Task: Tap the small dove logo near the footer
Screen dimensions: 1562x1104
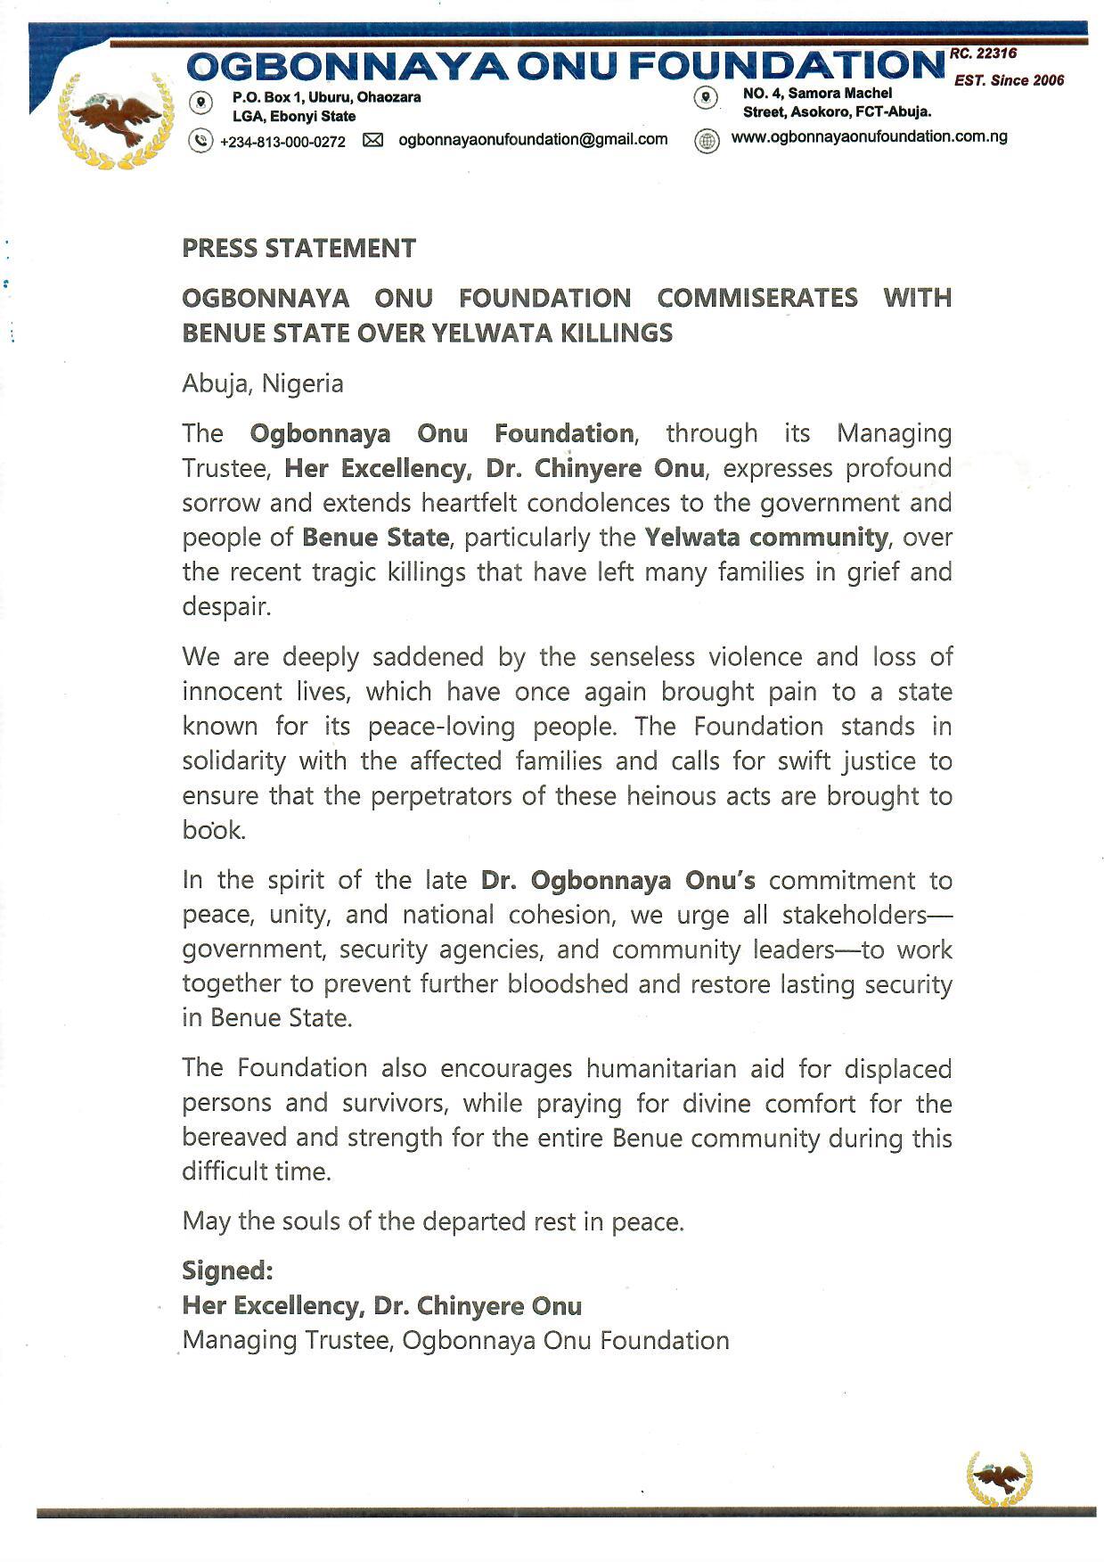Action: point(999,1478)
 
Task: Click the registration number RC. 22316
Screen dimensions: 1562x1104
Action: point(983,54)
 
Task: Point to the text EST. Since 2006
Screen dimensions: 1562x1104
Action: point(1009,80)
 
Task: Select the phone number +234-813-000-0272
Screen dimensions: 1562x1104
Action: point(282,142)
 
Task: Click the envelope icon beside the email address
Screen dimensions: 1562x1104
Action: point(372,140)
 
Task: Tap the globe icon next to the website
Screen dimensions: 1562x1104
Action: point(707,141)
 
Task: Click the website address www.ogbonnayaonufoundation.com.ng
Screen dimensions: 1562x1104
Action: point(869,137)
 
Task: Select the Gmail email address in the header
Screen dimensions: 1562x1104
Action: point(533,139)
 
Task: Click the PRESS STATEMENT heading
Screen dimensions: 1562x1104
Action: point(298,249)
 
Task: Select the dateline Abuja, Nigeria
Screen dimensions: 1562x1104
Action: point(263,383)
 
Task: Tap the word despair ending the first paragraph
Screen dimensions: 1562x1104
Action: point(225,607)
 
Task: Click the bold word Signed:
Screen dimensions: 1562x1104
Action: point(227,1270)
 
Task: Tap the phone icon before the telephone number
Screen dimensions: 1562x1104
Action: point(201,140)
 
